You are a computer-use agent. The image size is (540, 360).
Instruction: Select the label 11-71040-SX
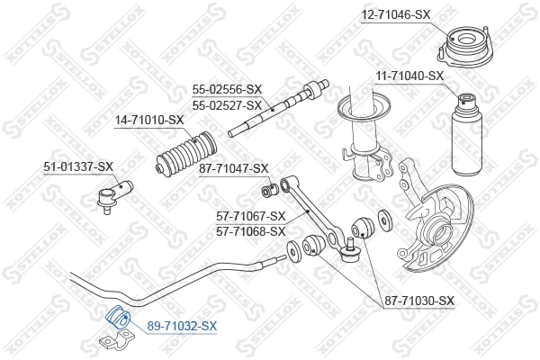tap(409, 76)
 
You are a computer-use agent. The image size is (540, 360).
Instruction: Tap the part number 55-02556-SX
tap(227, 89)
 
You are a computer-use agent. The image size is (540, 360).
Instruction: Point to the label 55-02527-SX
tap(227, 105)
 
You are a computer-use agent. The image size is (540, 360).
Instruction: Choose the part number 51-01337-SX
tap(78, 166)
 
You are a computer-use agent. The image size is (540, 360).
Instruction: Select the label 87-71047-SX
tap(234, 168)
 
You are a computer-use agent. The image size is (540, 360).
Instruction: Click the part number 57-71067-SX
tap(251, 216)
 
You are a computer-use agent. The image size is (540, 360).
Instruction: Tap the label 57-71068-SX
tap(251, 231)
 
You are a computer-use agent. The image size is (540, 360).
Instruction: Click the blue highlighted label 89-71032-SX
tap(183, 325)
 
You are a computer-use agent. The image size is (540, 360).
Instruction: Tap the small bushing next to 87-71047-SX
tap(266, 190)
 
